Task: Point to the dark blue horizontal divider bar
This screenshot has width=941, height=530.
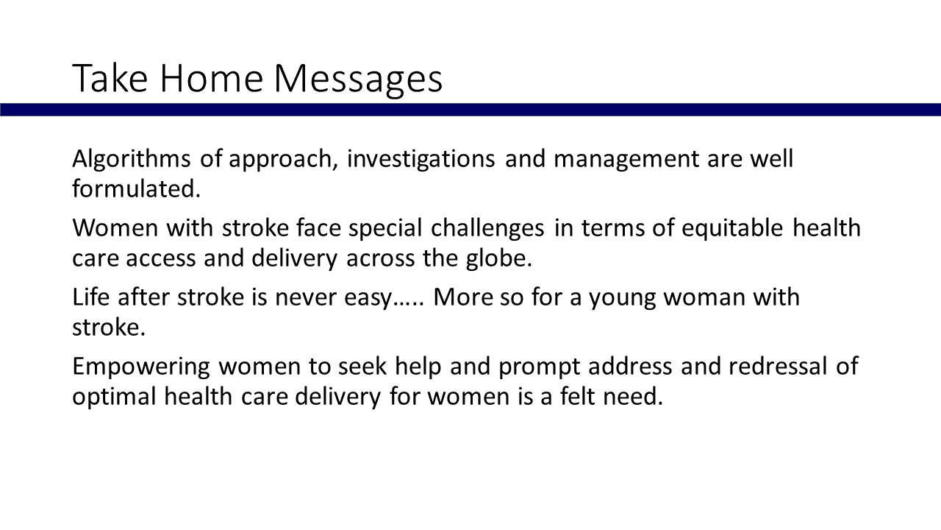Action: click(470, 110)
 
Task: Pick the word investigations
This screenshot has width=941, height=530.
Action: click(421, 160)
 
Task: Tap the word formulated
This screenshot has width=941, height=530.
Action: click(136, 188)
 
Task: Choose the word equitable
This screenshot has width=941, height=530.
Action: click(733, 228)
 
